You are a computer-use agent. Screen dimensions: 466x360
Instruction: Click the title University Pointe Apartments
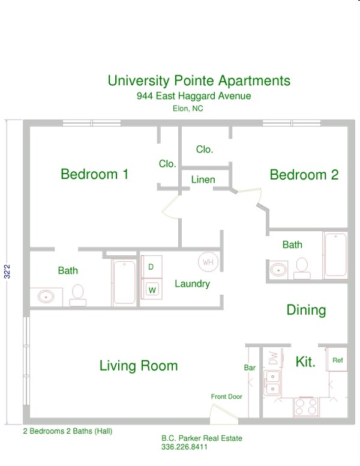(199, 81)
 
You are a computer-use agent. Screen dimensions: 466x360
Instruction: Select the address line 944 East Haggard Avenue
(193, 96)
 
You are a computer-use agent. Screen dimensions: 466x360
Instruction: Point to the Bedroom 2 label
(304, 175)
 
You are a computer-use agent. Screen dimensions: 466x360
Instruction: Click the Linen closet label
(203, 180)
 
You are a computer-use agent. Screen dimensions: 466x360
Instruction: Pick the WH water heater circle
(208, 262)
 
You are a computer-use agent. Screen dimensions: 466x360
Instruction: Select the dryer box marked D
(151, 267)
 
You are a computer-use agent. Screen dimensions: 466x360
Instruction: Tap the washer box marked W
(151, 289)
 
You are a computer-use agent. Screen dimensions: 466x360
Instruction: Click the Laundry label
(192, 283)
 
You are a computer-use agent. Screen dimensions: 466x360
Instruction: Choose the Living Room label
(139, 366)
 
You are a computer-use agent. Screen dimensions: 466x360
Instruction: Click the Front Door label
(226, 396)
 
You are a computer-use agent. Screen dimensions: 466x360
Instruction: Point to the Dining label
(306, 310)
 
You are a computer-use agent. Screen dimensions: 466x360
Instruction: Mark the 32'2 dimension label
(7, 271)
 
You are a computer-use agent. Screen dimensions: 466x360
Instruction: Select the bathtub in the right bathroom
(335, 255)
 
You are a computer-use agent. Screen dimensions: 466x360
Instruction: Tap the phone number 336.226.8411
(184, 447)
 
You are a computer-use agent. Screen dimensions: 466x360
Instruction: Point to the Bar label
(250, 367)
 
